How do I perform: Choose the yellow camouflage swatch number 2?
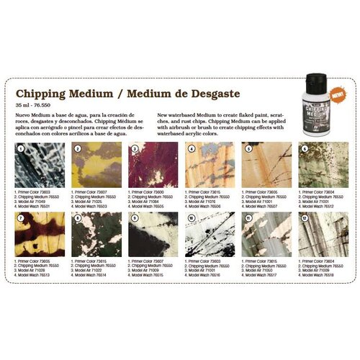(96, 165)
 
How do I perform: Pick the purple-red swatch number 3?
(153, 165)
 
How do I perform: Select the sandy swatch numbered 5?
(266, 165)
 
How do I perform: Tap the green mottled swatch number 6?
(323, 165)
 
